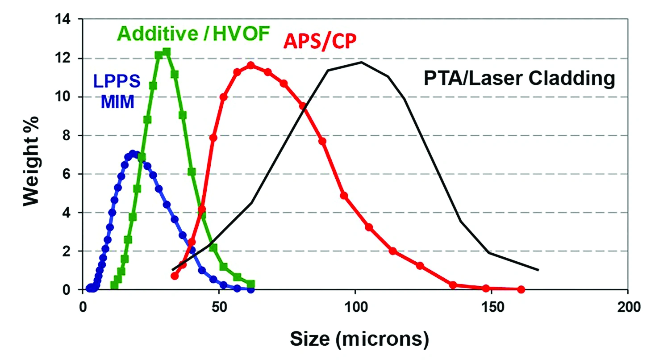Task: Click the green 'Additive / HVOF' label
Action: click(190, 34)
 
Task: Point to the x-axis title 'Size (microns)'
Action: click(359, 340)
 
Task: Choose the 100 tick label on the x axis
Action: click(355, 307)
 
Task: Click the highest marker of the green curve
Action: click(167, 52)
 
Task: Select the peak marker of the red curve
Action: click(251, 65)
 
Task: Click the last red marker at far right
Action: click(521, 289)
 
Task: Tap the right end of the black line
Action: click(538, 270)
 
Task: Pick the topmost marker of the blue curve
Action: click(132, 154)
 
